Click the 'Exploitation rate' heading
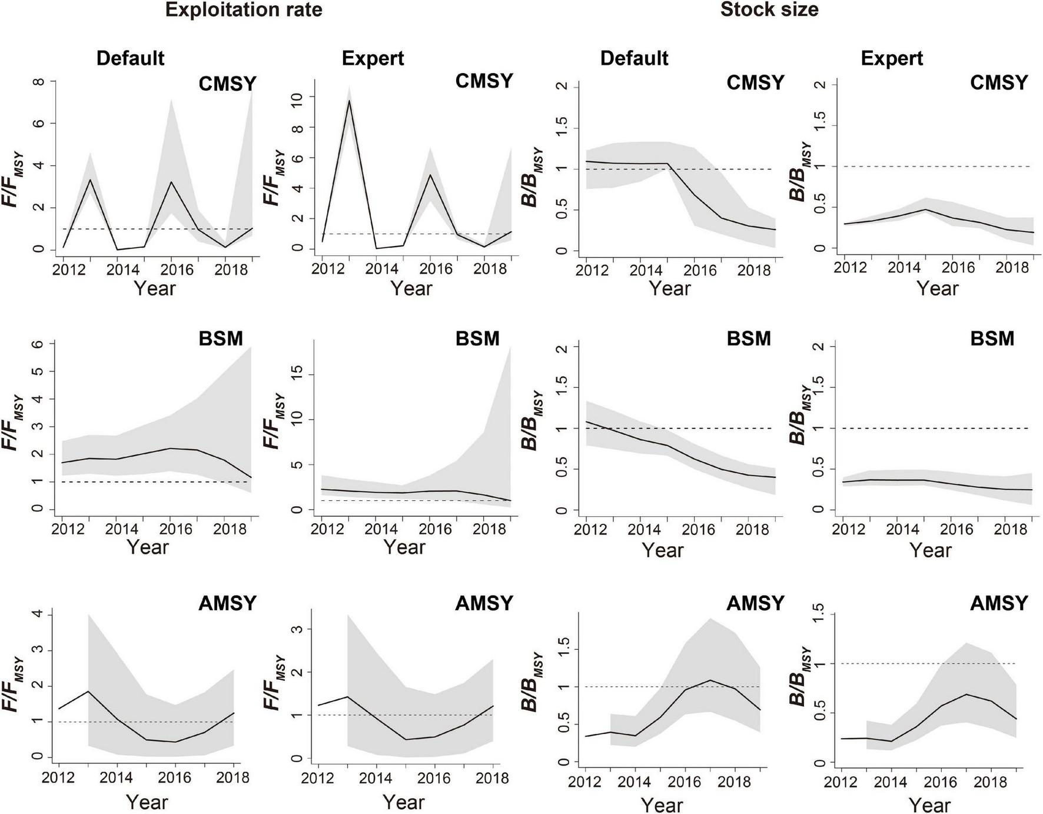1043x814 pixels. coord(243,10)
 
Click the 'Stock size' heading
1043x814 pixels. coord(769,10)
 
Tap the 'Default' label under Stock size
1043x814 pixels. coord(634,58)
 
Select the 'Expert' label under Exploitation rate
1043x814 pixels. coord(373,58)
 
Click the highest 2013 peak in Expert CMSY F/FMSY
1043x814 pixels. coord(349,101)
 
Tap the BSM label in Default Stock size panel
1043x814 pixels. coord(748,338)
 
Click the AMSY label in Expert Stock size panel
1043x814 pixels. coord(999,603)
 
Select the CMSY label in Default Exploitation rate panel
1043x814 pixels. coord(227,84)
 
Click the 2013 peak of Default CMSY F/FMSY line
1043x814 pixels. coord(89,180)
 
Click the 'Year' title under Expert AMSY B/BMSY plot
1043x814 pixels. coord(929,805)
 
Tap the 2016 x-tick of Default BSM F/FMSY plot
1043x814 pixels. coord(176,529)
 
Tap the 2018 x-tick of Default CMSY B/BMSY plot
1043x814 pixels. coord(754,270)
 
